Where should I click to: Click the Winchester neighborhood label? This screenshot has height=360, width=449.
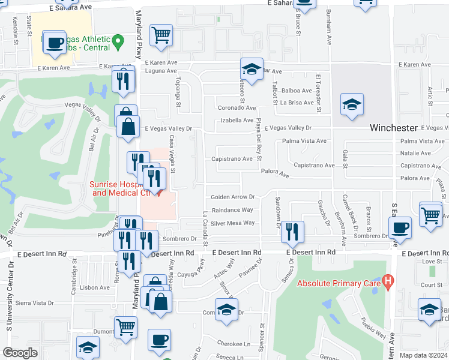[x=394, y=128]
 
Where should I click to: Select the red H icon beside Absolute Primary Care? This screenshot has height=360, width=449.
[x=388, y=279]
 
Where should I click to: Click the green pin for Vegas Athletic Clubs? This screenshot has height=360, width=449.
[x=118, y=41]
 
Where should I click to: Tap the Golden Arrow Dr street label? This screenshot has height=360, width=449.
[x=233, y=197]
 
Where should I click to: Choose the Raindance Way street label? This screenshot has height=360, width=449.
[x=232, y=210]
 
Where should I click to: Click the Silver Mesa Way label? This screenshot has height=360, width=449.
[x=232, y=223]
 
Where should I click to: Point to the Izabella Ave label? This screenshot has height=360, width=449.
[x=237, y=120]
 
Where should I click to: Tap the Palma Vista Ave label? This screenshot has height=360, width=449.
[x=304, y=141]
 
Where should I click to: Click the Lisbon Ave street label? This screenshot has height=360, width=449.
[x=94, y=287]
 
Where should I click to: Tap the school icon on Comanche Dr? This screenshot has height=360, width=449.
[x=226, y=310]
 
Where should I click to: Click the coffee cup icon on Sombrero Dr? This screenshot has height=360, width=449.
[x=400, y=227]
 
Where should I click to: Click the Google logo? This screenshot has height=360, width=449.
[x=20, y=353]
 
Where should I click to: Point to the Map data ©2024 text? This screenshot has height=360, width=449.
[x=423, y=355]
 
